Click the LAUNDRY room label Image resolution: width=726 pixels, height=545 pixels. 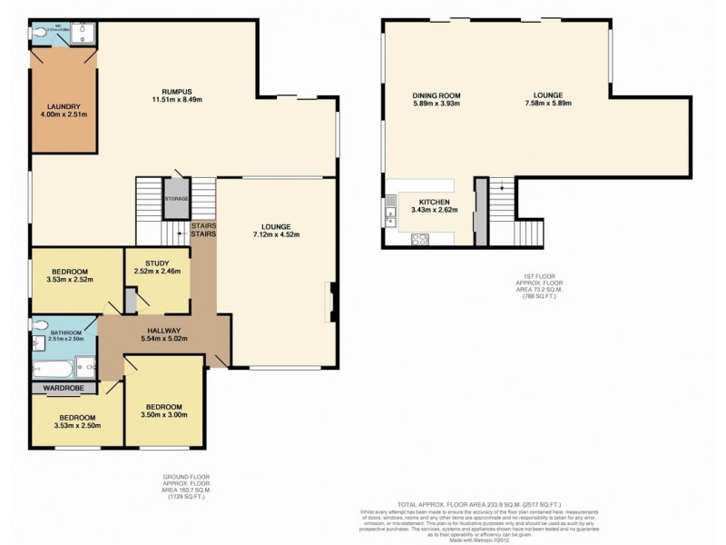coord(63,105)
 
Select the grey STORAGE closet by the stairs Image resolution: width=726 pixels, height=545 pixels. coord(176,198)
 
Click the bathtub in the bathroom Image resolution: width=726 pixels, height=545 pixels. coord(53,368)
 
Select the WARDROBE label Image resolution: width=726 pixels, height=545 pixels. coord(64,389)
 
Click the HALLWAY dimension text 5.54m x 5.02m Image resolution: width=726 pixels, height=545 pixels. coord(165,339)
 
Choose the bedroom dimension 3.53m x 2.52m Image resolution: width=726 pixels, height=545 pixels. coord(69,281)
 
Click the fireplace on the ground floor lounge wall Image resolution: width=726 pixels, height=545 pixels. coord(333,302)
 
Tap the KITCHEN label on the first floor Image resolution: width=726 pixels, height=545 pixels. coord(434,202)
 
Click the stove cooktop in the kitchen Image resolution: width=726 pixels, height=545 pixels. coord(421,240)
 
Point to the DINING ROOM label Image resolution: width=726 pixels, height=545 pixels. coord(437,95)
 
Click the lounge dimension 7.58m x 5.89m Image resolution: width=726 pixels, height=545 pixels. coord(548,104)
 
